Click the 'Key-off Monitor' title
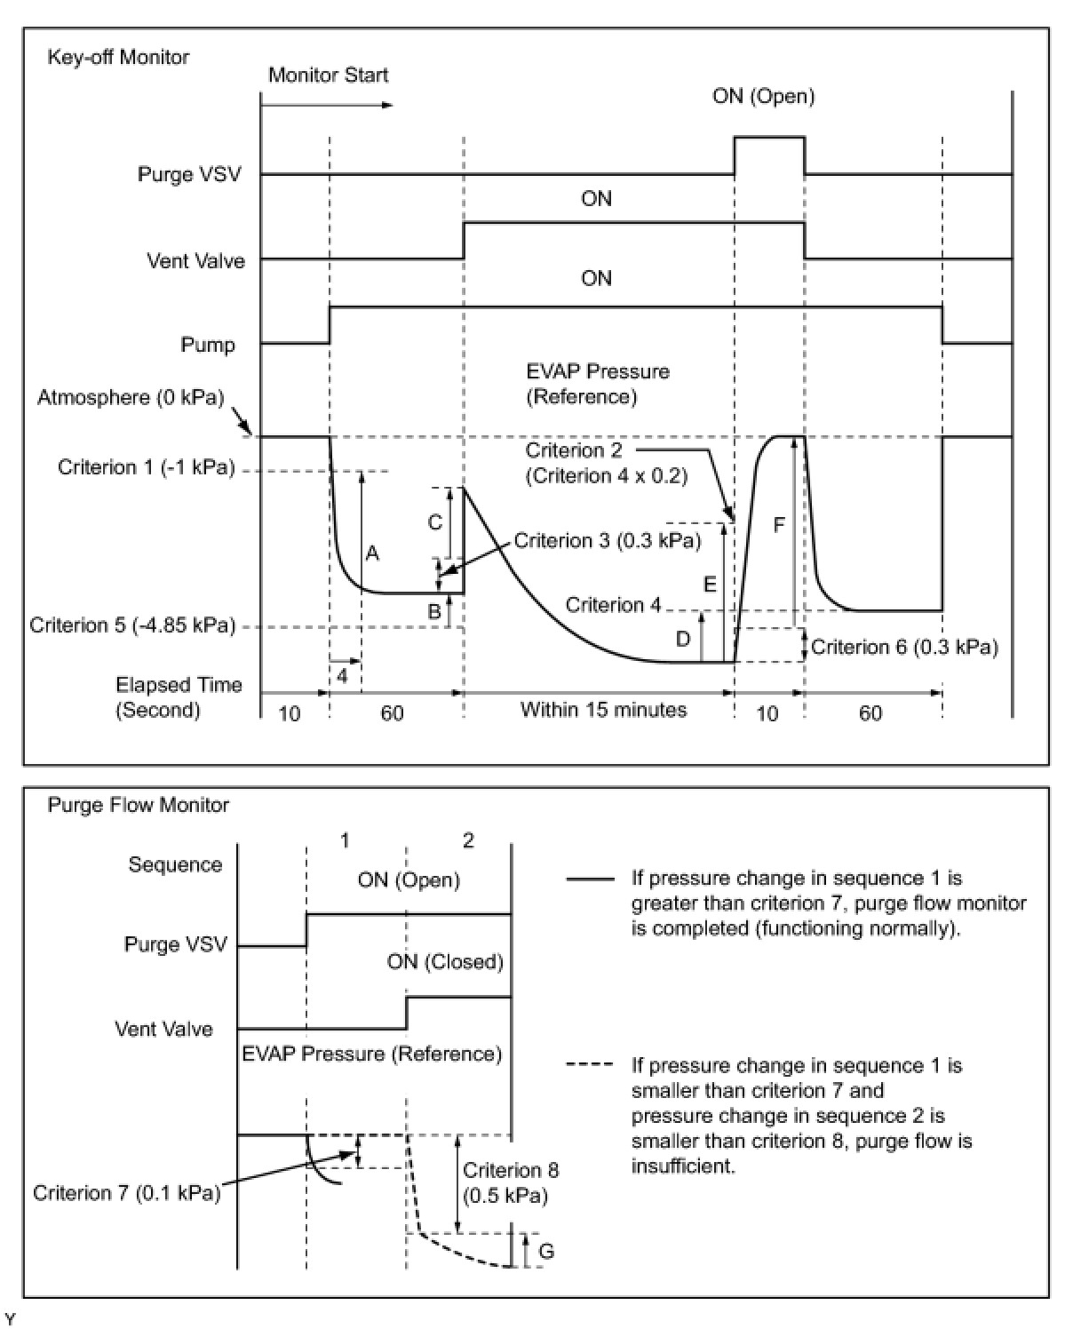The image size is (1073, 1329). [117, 58]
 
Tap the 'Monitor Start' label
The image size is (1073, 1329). [328, 76]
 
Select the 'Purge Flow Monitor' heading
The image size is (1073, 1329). [138, 806]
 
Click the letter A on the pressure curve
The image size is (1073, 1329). [372, 554]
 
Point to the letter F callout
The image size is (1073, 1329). [779, 526]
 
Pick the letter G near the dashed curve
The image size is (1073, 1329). [547, 1252]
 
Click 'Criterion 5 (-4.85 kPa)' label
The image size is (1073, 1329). [132, 626]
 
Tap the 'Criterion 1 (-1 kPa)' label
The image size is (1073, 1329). [147, 468]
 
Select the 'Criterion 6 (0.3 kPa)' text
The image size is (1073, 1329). [904, 648]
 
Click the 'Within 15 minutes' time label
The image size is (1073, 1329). [603, 710]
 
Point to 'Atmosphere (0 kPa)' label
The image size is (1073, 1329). [131, 397]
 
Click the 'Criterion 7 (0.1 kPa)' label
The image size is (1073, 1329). [126, 1193]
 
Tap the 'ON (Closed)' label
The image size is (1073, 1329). [445, 962]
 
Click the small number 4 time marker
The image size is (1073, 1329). [343, 676]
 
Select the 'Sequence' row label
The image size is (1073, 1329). [175, 865]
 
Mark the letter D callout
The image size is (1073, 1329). [683, 639]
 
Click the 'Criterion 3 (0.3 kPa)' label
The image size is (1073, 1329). [608, 541]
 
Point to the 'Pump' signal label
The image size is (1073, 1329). [208, 346]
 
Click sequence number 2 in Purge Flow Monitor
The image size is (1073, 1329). [468, 840]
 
